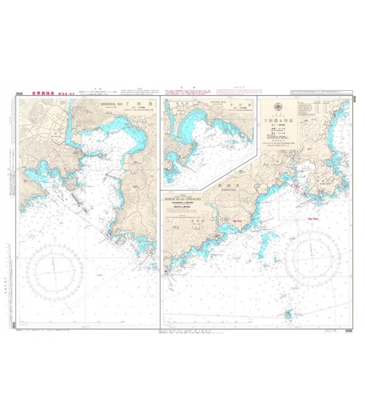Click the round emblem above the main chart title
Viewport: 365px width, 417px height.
coord(276,107)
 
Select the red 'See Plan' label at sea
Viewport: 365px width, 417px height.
coord(313,219)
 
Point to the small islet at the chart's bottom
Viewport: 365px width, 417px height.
coord(288,314)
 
